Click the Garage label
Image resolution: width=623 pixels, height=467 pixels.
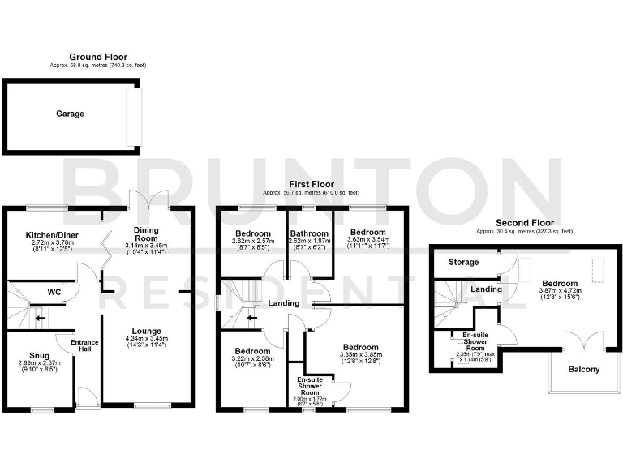[70, 114]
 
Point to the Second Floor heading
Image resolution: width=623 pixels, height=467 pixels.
[526, 222]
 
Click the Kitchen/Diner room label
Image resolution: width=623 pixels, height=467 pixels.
[52, 233]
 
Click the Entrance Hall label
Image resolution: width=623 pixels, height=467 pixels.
[84, 345]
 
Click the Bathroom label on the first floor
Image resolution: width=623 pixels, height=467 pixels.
[309, 233]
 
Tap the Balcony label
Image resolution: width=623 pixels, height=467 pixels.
[583, 370]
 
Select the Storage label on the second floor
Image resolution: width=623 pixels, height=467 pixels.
[465, 263]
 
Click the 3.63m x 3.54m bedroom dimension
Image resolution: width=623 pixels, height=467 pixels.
[367, 241]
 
